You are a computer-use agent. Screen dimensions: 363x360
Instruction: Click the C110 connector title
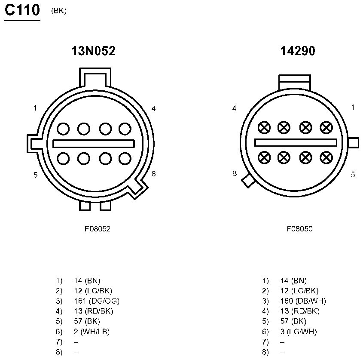(x=22, y=10)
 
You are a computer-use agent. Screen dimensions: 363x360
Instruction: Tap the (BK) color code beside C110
(x=59, y=11)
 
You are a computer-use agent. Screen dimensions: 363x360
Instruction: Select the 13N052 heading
(x=93, y=51)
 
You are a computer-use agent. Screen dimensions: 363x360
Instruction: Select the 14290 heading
(x=298, y=51)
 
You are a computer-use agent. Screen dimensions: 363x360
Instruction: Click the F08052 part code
(x=98, y=229)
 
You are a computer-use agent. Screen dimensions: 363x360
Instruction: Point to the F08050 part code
(x=299, y=229)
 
